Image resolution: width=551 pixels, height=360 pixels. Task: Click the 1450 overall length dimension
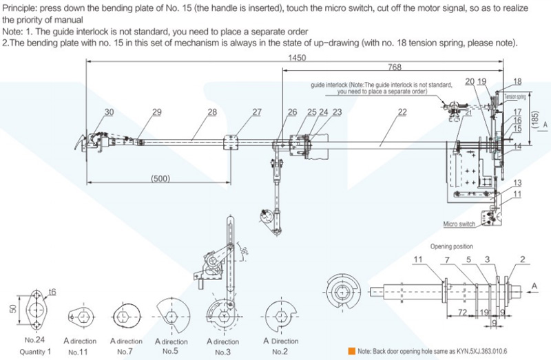[x=299, y=58]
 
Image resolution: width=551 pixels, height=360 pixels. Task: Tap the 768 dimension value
[x=395, y=67]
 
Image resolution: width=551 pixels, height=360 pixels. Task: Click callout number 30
[x=110, y=112]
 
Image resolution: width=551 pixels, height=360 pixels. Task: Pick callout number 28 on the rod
[x=211, y=112]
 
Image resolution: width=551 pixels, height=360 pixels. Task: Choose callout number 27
[x=257, y=112]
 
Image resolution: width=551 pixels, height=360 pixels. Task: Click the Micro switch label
[x=459, y=224]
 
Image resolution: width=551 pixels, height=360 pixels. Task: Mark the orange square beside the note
[x=351, y=351]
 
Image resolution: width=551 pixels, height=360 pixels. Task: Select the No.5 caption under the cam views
[x=170, y=352]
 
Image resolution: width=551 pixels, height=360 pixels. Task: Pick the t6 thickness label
[x=52, y=292]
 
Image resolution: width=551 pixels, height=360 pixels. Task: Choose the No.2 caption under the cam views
[x=279, y=352]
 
